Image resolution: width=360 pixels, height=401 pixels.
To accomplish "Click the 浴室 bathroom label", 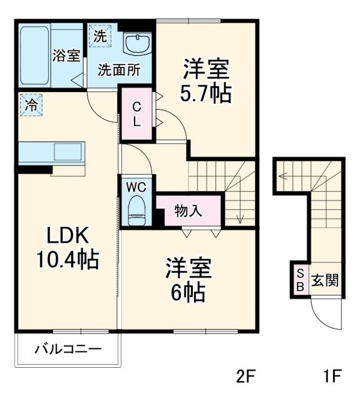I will pyautogui.click(x=65, y=55).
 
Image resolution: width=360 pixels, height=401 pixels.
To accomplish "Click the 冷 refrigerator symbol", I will pyautogui.click(x=30, y=105).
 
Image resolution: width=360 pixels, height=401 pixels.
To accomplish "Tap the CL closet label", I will pyautogui.click(x=136, y=113).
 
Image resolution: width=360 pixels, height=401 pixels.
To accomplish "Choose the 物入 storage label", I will pyautogui.click(x=188, y=211).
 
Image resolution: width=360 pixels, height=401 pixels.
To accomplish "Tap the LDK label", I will pyautogui.click(x=69, y=237).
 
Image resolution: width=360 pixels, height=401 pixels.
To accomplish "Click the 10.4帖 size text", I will pyautogui.click(x=70, y=259).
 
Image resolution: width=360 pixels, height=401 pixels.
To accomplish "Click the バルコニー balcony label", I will pyautogui.click(x=68, y=348).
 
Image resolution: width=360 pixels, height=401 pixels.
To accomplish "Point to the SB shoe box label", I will pyautogui.click(x=299, y=279).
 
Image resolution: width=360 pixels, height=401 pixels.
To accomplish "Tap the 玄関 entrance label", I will pyautogui.click(x=325, y=279).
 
